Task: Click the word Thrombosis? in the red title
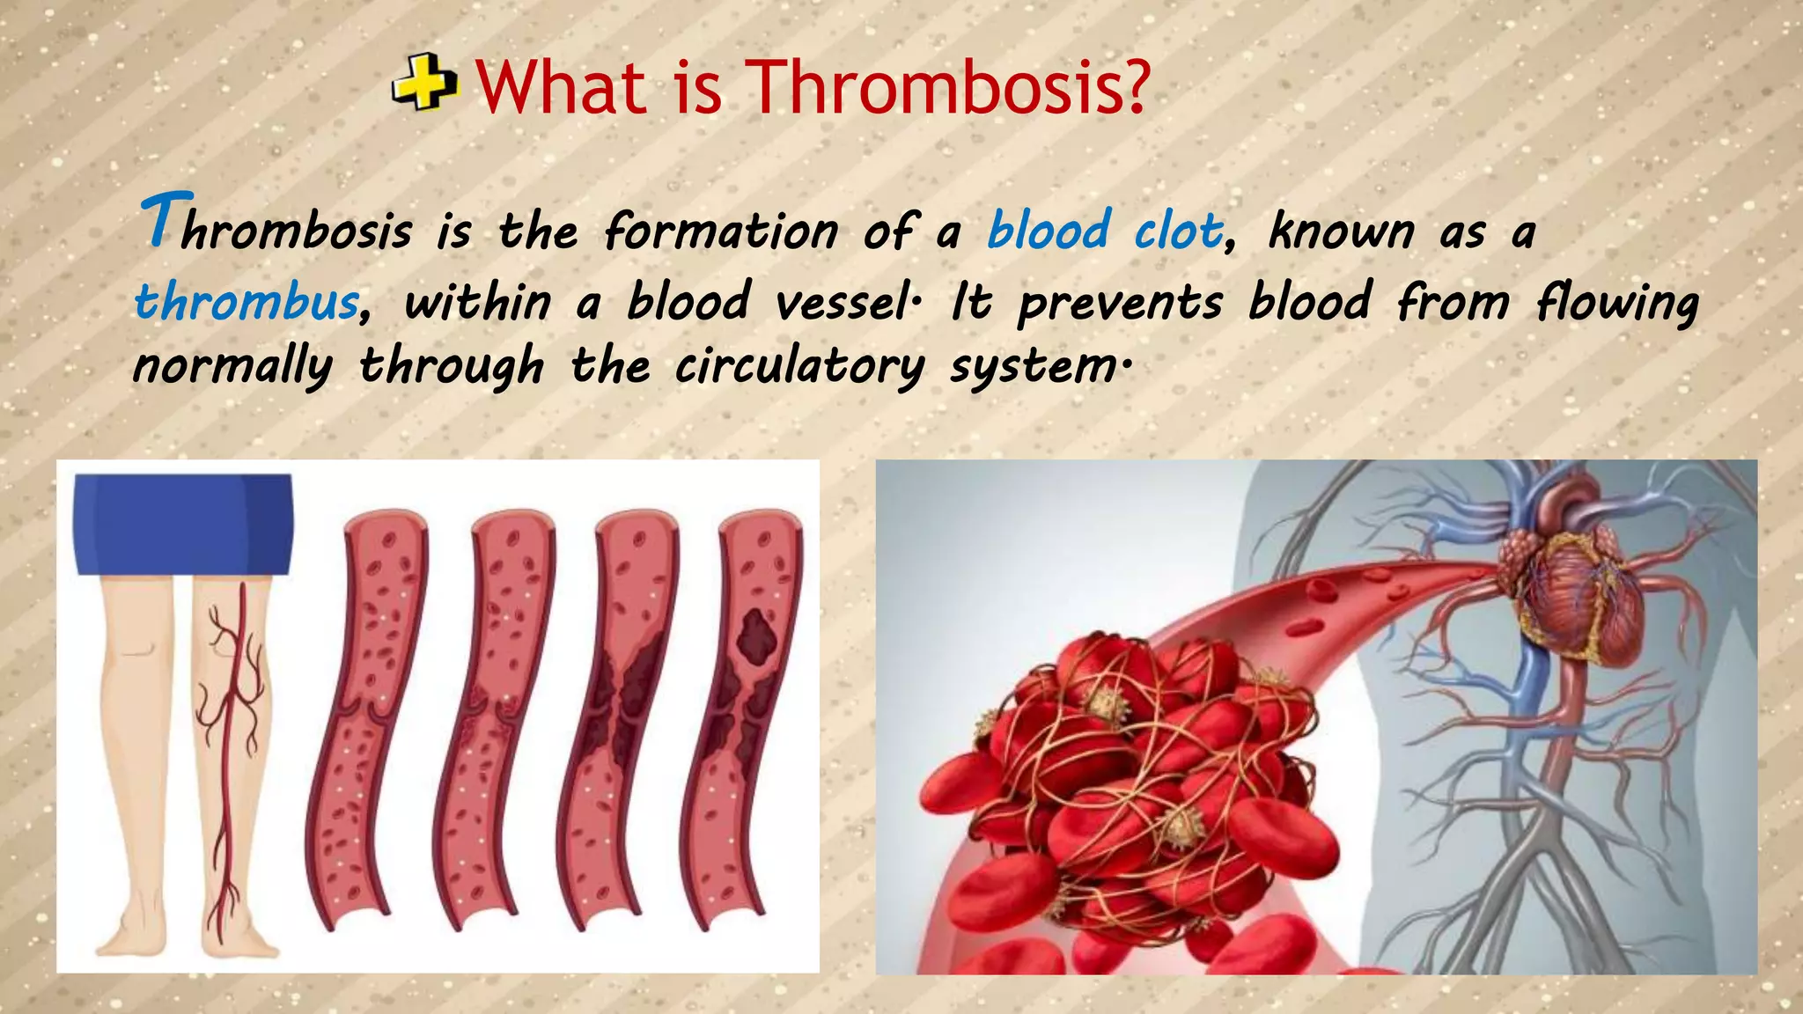point(947,88)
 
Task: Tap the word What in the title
point(561,88)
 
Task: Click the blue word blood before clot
point(1049,231)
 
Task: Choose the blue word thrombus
point(247,302)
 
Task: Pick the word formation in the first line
point(721,231)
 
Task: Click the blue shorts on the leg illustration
point(183,524)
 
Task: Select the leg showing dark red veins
point(234,757)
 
